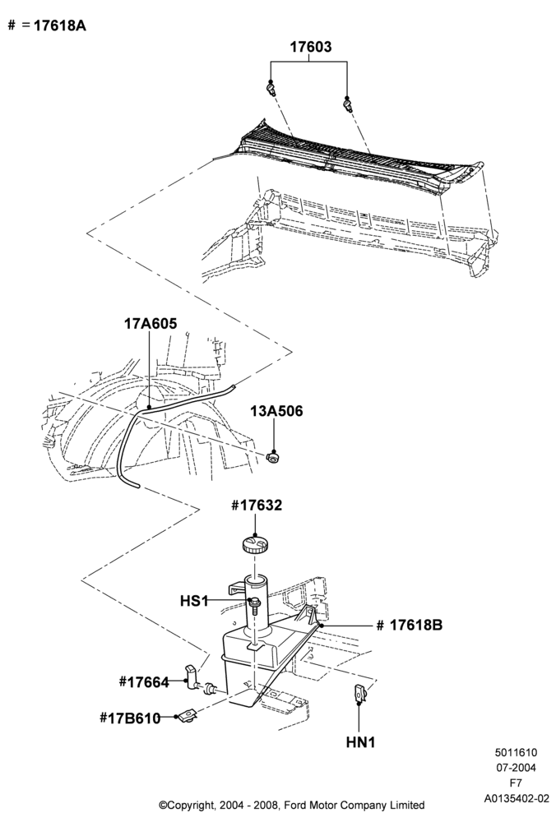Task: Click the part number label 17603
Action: click(311, 47)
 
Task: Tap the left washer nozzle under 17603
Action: click(271, 88)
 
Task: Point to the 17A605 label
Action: click(150, 323)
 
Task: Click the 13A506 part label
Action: click(276, 410)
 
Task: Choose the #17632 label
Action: click(257, 506)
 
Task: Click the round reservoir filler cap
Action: click(256, 543)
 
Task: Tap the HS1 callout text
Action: click(194, 601)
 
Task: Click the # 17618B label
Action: click(410, 625)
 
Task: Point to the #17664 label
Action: click(144, 682)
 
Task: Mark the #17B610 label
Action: click(130, 718)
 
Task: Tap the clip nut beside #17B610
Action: click(187, 714)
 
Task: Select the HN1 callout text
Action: click(360, 742)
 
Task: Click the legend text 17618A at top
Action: click(60, 25)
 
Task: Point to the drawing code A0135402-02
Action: click(517, 800)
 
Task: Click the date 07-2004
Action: click(517, 768)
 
